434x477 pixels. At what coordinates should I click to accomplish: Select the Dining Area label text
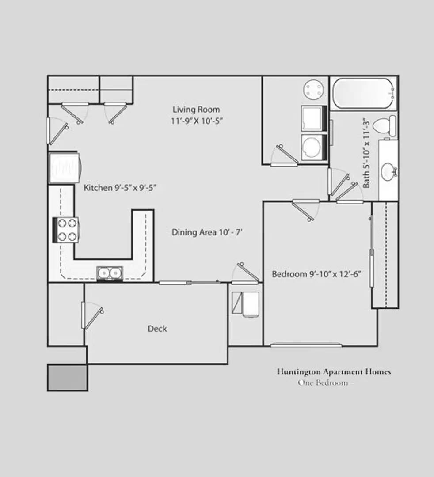coord(207,232)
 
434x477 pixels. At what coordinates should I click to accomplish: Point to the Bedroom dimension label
coord(316,274)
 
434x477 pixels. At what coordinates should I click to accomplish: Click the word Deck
coord(157,329)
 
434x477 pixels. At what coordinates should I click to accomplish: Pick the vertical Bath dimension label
coord(366,153)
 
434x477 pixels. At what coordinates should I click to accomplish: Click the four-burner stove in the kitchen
coord(66,230)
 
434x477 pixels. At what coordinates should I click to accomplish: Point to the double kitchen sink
coord(110,273)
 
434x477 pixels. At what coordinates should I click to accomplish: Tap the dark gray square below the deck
coord(67,378)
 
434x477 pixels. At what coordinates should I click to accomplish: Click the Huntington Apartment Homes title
coord(334,371)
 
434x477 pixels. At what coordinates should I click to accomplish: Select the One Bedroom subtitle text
coord(323,382)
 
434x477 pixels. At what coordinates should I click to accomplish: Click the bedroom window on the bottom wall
coord(306,345)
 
